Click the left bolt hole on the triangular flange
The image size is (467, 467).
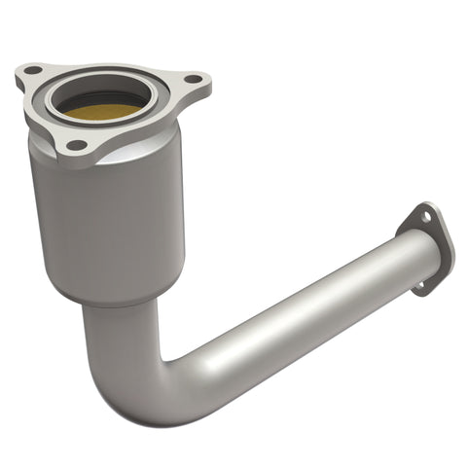coord(32,71)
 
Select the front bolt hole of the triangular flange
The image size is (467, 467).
coord(74,145)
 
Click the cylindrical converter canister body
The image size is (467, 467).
coord(107,224)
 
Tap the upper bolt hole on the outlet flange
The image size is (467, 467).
coord(425,221)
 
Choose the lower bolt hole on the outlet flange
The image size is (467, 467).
coord(420,285)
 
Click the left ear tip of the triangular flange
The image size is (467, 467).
coord(21,70)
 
